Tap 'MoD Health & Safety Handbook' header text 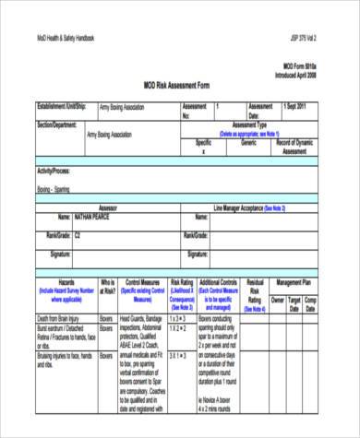coord(66,38)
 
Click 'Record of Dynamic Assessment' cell coord(297,148)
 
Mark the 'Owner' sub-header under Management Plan coord(277,300)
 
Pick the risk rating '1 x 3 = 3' coord(178,318)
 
